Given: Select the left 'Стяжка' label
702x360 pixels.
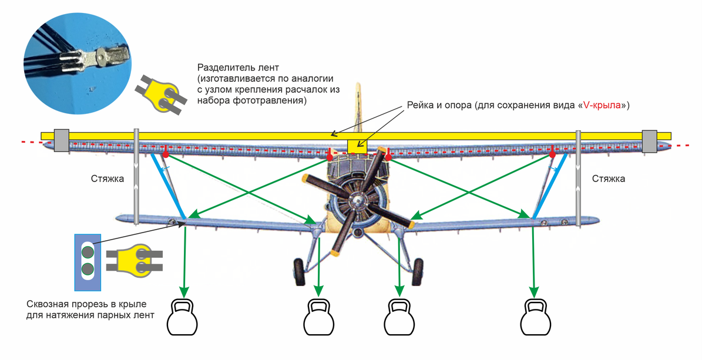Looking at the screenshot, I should coord(108,179).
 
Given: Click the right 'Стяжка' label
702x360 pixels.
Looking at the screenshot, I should coord(609,179).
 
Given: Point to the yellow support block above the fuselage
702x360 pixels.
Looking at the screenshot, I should coord(357,146).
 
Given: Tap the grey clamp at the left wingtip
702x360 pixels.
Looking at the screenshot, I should coord(62,140).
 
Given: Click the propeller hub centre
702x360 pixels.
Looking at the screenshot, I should coord(355,201).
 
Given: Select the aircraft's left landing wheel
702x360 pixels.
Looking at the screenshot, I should coord(298,271).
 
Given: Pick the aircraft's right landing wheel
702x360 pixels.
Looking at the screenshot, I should coord(418,271).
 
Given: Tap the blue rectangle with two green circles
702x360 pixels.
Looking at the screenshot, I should coord(88,262).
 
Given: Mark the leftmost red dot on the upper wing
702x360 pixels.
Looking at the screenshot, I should coord(166,154).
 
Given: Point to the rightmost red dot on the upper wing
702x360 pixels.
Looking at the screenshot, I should coord(552,154).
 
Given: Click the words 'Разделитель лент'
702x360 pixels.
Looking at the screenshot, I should coord(233,68).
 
